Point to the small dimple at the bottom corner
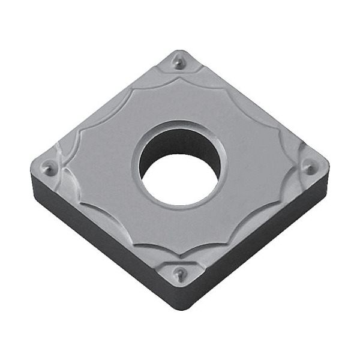pyautogui.click(x=178, y=275)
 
